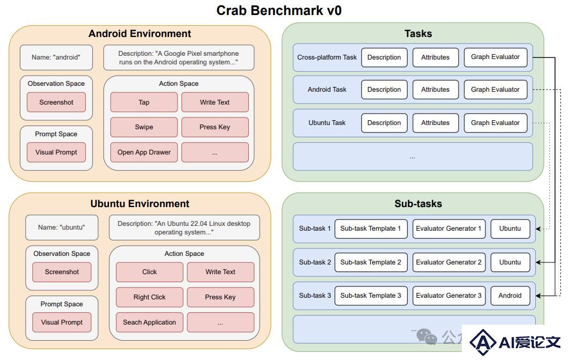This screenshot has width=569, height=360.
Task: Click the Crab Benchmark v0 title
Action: point(279,10)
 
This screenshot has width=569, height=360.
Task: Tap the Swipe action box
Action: point(144,127)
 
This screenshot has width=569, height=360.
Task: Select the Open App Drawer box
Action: point(144,152)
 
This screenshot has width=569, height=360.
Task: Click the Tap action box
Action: point(144,102)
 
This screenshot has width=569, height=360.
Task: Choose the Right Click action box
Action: point(150,297)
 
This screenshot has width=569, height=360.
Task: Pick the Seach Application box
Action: point(150,322)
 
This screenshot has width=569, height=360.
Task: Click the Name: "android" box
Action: point(56,57)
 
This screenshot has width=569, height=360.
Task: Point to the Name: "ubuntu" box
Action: point(62,227)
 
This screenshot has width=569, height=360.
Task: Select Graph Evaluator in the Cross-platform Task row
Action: point(496,57)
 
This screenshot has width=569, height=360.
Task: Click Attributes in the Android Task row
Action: point(435,89)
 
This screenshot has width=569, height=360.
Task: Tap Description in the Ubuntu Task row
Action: point(385,123)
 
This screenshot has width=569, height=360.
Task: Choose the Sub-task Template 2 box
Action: point(371,262)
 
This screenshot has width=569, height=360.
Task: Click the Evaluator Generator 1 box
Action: point(449,229)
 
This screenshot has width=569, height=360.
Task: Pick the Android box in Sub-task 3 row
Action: point(510,296)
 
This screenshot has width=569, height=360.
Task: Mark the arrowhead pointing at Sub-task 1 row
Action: point(538,229)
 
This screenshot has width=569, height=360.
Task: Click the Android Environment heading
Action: point(140,33)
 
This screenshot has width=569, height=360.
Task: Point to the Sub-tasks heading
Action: point(418,203)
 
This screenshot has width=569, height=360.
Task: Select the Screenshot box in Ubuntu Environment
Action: point(62,272)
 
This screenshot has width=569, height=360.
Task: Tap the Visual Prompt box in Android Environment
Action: point(56,152)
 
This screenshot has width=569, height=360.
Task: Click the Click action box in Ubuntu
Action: point(150,272)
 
